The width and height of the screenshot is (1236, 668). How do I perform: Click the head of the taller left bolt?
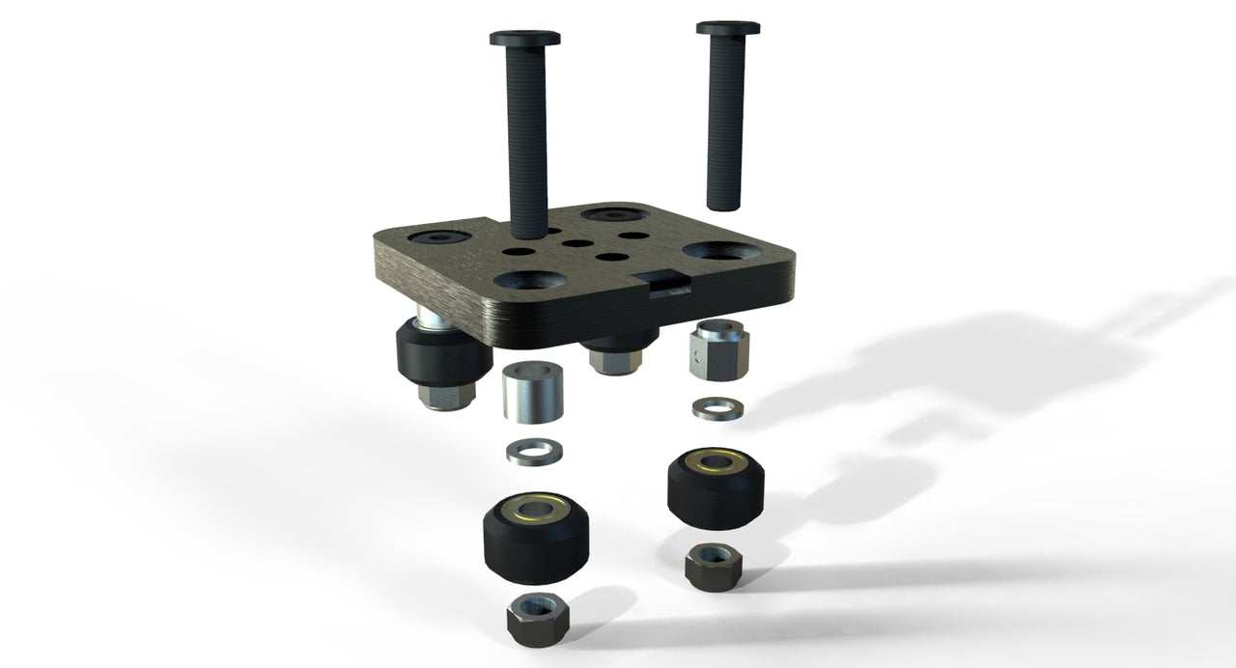coord(524,39)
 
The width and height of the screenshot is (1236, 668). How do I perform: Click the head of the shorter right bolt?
coord(727,27)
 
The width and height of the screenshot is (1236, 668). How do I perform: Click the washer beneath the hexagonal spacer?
coord(717,408)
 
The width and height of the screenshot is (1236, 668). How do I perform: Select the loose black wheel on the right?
coord(717,487)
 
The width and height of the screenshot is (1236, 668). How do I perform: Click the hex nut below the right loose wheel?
coord(714,565)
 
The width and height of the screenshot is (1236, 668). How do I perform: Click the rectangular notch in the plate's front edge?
coord(665,283)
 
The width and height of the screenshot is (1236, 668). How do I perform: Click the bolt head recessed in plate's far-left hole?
coord(439,236)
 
